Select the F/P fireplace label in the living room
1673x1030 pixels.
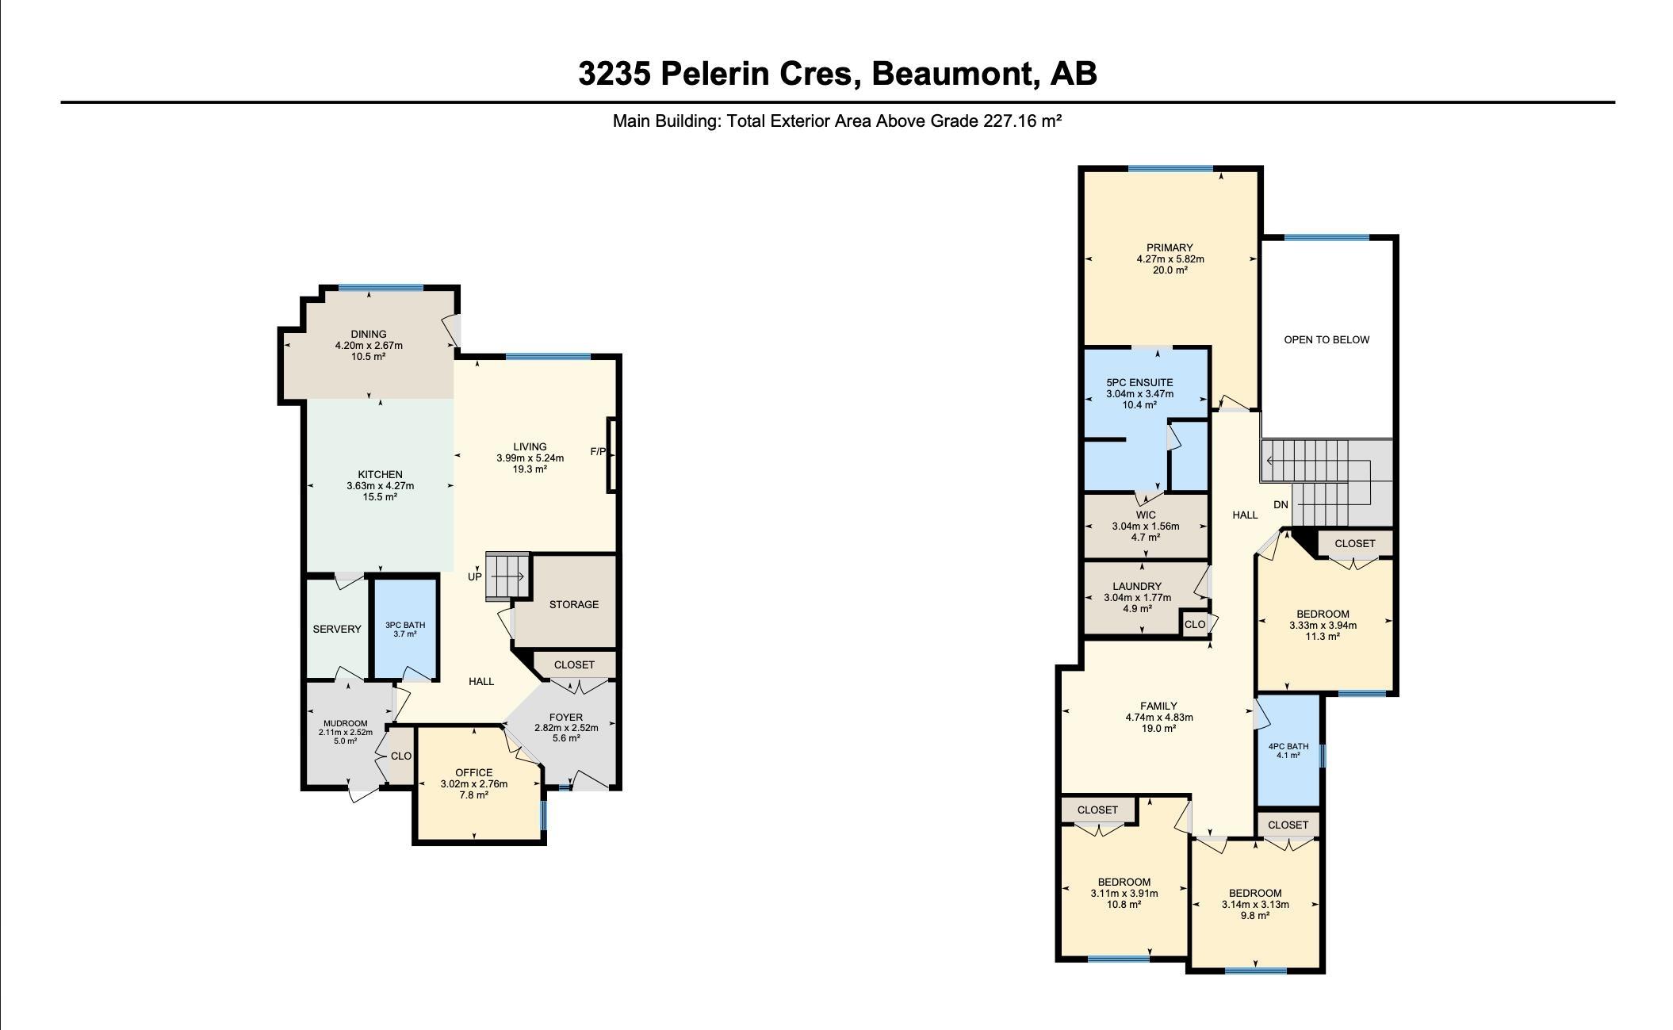click(x=598, y=452)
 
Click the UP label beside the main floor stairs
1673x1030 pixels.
click(x=474, y=576)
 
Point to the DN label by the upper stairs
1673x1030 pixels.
click(x=1281, y=505)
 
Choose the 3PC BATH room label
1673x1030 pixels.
click(x=405, y=625)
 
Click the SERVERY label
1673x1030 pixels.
click(x=337, y=629)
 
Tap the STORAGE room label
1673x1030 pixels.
click(x=574, y=604)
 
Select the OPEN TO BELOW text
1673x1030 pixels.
click(x=1327, y=339)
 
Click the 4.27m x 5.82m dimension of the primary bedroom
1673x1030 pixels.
click(x=1170, y=258)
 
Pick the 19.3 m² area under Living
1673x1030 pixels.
click(x=530, y=469)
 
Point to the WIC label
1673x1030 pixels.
click(x=1146, y=515)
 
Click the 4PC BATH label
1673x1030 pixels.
click(x=1288, y=746)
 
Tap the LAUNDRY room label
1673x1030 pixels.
click(x=1137, y=587)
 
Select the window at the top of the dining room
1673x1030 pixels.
click(x=381, y=287)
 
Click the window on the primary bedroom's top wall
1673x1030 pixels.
click(x=1170, y=168)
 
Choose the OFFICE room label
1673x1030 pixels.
click(x=474, y=772)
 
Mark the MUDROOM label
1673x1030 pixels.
click(x=346, y=723)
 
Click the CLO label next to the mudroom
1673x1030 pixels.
click(x=401, y=756)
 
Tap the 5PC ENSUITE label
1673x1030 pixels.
click(x=1139, y=382)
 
